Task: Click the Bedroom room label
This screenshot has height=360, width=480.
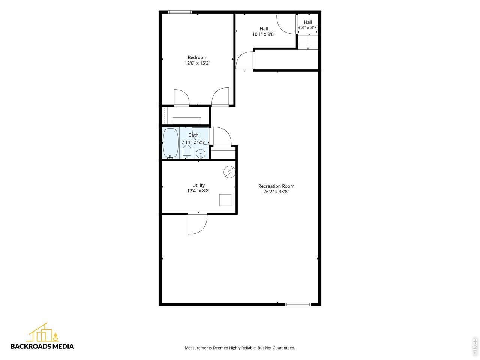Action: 197,57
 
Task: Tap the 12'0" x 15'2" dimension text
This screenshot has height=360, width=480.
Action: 197,63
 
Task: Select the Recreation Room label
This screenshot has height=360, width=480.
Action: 276,186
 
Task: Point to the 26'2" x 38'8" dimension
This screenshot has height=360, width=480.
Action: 276,192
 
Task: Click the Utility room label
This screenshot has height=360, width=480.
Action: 198,185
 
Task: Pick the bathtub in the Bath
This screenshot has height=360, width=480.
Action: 170,143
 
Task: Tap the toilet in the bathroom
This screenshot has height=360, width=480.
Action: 187,152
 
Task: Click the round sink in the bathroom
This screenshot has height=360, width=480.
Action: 201,153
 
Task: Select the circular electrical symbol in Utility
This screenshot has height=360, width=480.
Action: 229,172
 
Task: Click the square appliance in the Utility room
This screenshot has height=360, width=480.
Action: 225,200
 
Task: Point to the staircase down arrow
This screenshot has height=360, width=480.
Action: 308,42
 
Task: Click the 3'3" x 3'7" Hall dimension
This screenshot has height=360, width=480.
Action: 308,27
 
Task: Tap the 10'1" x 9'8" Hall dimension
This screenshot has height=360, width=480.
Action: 264,34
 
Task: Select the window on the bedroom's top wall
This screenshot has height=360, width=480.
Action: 180,12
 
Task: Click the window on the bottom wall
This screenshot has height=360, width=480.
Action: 298,304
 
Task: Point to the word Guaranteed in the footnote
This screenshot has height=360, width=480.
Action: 284,348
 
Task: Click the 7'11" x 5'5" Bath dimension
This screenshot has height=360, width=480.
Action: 193,142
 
